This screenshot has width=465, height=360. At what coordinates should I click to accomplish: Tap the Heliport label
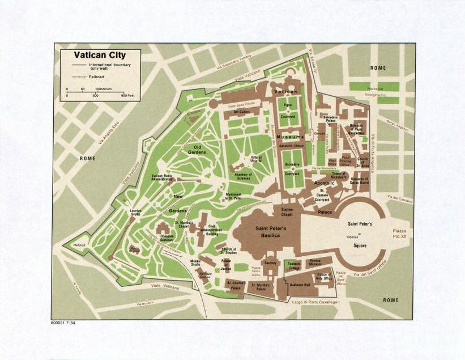[x=79, y=245]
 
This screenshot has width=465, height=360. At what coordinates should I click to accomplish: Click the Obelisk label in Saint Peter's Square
[x=353, y=236]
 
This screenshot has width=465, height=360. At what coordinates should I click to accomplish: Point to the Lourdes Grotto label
[x=135, y=213]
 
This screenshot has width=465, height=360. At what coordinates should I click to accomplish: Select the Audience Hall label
[x=300, y=285]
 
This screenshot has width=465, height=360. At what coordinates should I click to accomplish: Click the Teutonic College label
[x=294, y=266]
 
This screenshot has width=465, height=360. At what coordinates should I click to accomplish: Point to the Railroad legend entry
[x=97, y=76]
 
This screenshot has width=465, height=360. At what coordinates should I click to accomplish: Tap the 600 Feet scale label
[x=127, y=95]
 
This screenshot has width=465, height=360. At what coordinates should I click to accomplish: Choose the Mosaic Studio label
[x=196, y=264]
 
